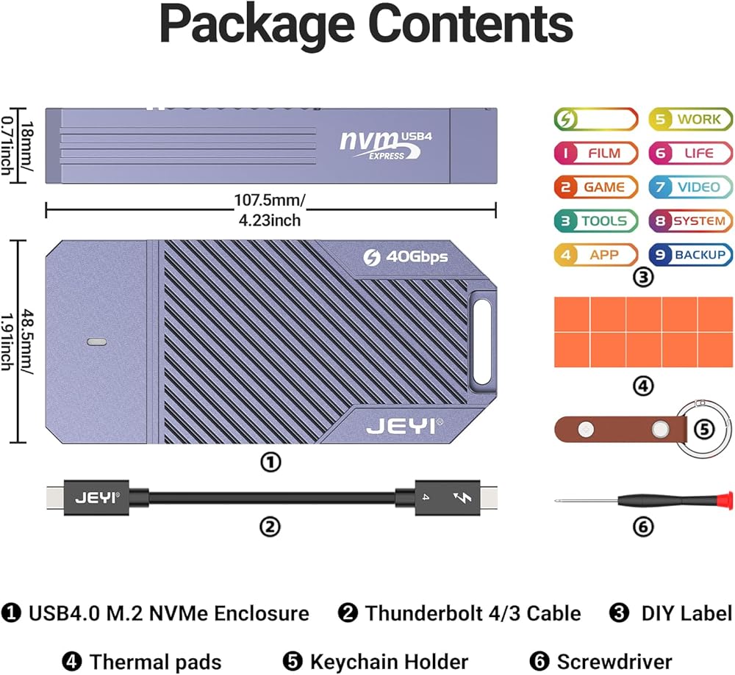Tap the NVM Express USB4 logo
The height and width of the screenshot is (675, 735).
379,141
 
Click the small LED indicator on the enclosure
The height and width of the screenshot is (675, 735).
97,342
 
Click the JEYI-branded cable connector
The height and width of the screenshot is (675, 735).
98,497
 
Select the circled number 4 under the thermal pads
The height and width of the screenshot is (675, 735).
642,386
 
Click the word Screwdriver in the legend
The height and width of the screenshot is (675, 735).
614,662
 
